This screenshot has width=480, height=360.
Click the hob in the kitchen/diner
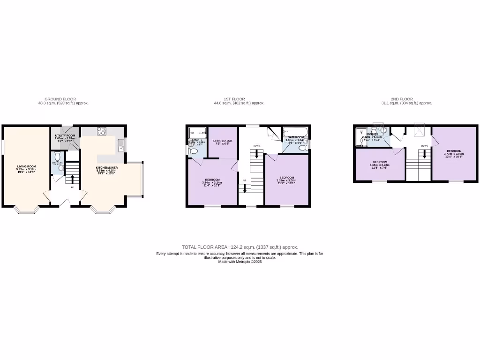pos(102,131)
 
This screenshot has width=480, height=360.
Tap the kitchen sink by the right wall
pos(121,145)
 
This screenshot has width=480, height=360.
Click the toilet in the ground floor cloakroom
pos(58,157)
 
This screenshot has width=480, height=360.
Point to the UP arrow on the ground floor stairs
pos(72,179)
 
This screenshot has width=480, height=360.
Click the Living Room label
pos(27,168)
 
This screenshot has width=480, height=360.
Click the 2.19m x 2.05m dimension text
pos(222,142)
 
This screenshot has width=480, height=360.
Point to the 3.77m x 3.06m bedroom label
pos(454,152)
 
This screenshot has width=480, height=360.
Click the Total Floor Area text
pos(240,247)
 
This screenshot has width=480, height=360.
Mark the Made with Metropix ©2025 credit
pos(240,262)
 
